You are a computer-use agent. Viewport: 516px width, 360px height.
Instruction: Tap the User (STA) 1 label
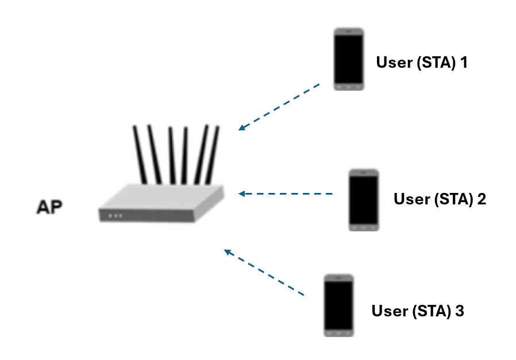[x=421, y=62]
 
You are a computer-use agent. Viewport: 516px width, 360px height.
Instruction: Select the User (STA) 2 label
[x=440, y=199]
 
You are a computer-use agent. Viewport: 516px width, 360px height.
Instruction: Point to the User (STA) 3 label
[x=418, y=311]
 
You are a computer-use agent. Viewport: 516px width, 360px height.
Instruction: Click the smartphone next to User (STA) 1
[x=349, y=59]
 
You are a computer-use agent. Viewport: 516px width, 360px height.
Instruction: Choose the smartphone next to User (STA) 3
[x=338, y=305]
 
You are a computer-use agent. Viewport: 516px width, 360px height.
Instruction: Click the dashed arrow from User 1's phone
[x=279, y=107]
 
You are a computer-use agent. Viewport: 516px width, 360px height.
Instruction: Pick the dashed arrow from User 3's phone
[x=264, y=273]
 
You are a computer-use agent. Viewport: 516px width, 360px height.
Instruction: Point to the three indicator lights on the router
[x=115, y=216]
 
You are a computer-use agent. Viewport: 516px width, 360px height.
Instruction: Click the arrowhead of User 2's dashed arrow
[x=242, y=194]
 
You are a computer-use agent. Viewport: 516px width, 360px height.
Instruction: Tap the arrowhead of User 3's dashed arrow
[x=228, y=251]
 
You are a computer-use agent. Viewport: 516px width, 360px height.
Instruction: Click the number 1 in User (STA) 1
[x=463, y=62]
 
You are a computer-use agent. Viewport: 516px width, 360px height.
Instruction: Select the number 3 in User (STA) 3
[x=459, y=311]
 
